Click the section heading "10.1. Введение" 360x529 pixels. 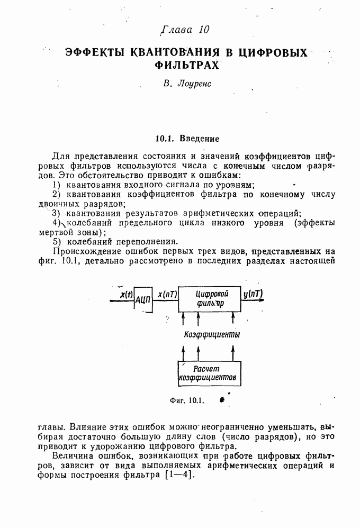187,139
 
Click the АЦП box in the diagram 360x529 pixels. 143,299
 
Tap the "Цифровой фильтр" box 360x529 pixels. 209,299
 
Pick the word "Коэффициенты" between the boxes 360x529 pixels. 211,334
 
